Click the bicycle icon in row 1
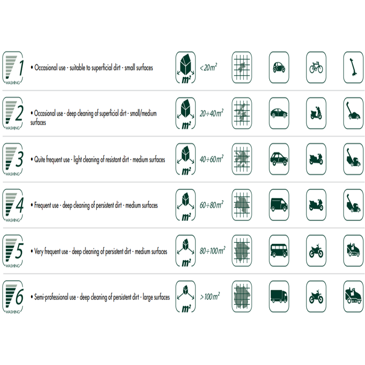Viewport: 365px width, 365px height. pyautogui.click(x=316, y=67)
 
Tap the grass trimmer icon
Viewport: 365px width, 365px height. pyautogui.click(x=353, y=67)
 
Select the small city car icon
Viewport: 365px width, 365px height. pyautogui.click(x=279, y=67)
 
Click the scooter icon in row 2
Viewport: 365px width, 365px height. pyautogui.click(x=316, y=113)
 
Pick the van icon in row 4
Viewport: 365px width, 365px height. pyautogui.click(x=279, y=205)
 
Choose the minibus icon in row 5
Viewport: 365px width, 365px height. pyautogui.click(x=279, y=251)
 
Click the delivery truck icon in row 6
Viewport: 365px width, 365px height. pyautogui.click(x=279, y=296)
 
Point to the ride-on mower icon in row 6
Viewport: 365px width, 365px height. pyautogui.click(x=353, y=296)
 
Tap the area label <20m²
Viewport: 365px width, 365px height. pyautogui.click(x=208, y=67)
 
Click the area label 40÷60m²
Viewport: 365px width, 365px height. pyautogui.click(x=211, y=159)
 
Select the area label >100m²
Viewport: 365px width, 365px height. pyautogui.click(x=210, y=296)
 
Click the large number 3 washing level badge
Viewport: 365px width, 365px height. pyautogui.click(x=13, y=159)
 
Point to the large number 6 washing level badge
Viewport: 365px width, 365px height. pyautogui.click(x=13, y=297)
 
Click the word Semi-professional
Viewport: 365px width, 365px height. pyautogui.click(x=55, y=297)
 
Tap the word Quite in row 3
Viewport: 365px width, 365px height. pyautogui.click(x=39, y=159)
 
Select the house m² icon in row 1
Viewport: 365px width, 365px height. pyautogui.click(x=185, y=67)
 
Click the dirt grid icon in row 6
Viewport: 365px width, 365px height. pyautogui.click(x=242, y=296)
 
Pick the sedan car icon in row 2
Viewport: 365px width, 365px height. pyautogui.click(x=279, y=113)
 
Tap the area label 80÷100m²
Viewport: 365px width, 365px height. pyautogui.click(x=212, y=251)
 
